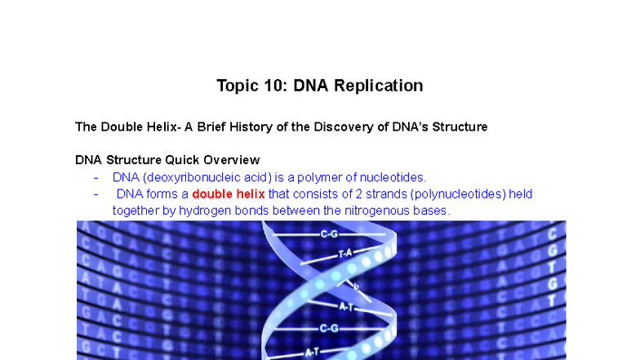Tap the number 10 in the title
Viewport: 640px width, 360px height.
[x=272, y=86]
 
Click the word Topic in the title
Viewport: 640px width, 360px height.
[x=236, y=86]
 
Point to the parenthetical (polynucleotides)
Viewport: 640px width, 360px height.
[x=459, y=194]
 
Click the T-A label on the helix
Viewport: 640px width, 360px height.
[x=345, y=254]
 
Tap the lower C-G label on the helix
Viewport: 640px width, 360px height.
[x=329, y=328]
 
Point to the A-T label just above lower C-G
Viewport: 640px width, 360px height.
[x=345, y=306]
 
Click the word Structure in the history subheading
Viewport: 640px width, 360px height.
[x=459, y=127]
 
